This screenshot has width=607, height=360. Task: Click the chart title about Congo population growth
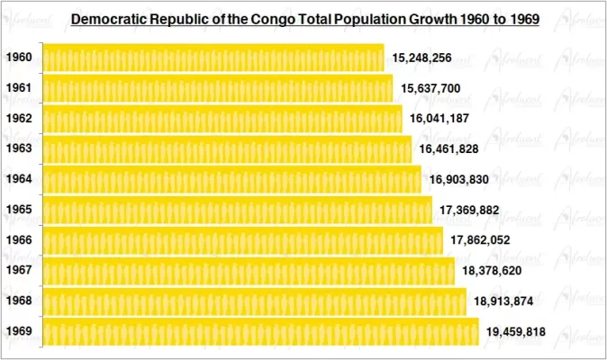click(x=304, y=18)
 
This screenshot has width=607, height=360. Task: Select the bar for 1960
click(x=213, y=58)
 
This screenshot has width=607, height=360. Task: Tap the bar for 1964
click(x=231, y=179)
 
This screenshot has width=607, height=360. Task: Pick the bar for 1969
click(x=260, y=331)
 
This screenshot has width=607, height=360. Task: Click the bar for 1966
click(x=242, y=240)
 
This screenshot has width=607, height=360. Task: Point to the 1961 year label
click(x=19, y=88)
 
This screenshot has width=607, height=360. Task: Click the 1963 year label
click(x=19, y=148)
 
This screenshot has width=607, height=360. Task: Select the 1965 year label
click(x=19, y=210)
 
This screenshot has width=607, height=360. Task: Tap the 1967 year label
click(x=19, y=270)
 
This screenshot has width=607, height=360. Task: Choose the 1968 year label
click(x=19, y=301)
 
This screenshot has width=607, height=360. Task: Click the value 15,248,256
click(x=422, y=58)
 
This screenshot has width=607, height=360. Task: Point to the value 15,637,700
click(x=431, y=88)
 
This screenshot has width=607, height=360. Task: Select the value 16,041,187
click(x=440, y=119)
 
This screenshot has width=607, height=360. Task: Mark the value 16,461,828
click(x=449, y=148)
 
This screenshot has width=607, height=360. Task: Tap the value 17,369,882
click(x=470, y=210)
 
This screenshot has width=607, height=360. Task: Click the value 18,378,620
click(x=493, y=270)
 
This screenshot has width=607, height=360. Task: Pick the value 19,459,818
click(x=516, y=331)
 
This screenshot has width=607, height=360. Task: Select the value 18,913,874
click(x=504, y=301)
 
